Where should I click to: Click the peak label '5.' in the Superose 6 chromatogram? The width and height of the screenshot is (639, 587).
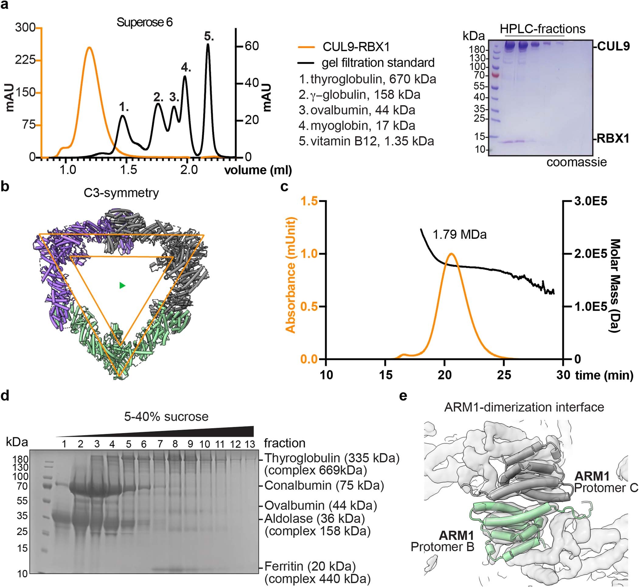209,36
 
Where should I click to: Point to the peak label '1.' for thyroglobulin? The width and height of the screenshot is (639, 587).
124,107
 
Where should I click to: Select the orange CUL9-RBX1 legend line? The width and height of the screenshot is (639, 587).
306,47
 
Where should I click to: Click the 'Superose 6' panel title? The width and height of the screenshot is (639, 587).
144,22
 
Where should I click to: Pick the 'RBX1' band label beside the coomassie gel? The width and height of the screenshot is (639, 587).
613,139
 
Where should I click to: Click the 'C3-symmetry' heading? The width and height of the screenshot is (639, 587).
121,193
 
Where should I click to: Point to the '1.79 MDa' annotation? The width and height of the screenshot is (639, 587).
459,234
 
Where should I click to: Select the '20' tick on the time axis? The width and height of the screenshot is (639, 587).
444,375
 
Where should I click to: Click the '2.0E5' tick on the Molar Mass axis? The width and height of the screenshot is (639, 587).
590,254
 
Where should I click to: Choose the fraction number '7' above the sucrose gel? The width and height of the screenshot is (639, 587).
160,444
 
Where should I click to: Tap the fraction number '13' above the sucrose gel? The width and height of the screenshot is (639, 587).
250,444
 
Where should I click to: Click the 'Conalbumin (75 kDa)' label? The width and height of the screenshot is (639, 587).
324,486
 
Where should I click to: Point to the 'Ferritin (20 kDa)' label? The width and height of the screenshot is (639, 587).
310,566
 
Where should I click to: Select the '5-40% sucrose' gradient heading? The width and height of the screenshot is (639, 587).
166,416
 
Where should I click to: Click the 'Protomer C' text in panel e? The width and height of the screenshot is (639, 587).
606,488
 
